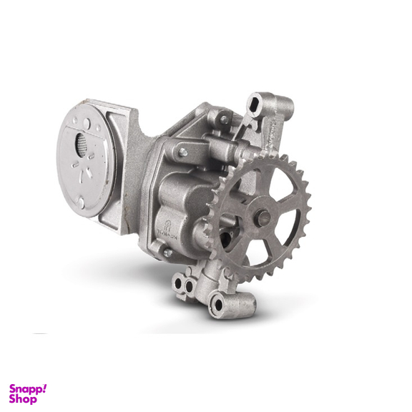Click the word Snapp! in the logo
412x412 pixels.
tap(28, 389)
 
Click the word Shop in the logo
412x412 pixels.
tap(23, 399)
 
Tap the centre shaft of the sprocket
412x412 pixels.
tap(263, 217)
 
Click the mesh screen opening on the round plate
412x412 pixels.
tap(80, 144)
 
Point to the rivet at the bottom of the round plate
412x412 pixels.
tap(81, 202)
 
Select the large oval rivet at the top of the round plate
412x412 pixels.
tap(87, 123)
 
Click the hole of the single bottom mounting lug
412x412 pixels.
tap(218, 304)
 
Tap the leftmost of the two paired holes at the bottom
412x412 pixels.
tap(178, 283)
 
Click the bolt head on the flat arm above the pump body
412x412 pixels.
tap(183, 152)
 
